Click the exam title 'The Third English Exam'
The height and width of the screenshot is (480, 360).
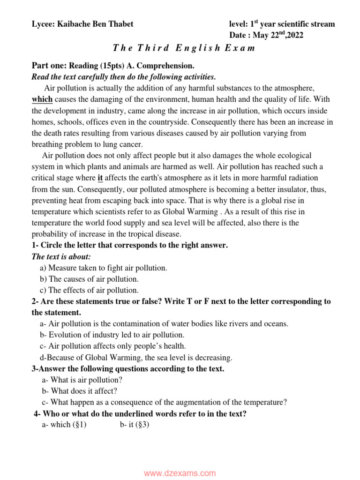pyautogui.click(x=184, y=48)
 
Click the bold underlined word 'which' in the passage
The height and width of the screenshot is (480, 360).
pyautogui.click(x=42, y=99)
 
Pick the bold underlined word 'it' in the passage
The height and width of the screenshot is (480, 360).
pyautogui.click(x=100, y=178)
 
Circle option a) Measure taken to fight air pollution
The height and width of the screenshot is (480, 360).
pyautogui.click(x=103, y=268)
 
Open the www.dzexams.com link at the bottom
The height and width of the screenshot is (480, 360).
pyautogui.click(x=180, y=473)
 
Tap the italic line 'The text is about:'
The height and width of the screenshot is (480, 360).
pyautogui.click(x=61, y=256)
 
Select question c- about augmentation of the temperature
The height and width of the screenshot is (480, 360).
pyautogui.click(x=164, y=402)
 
